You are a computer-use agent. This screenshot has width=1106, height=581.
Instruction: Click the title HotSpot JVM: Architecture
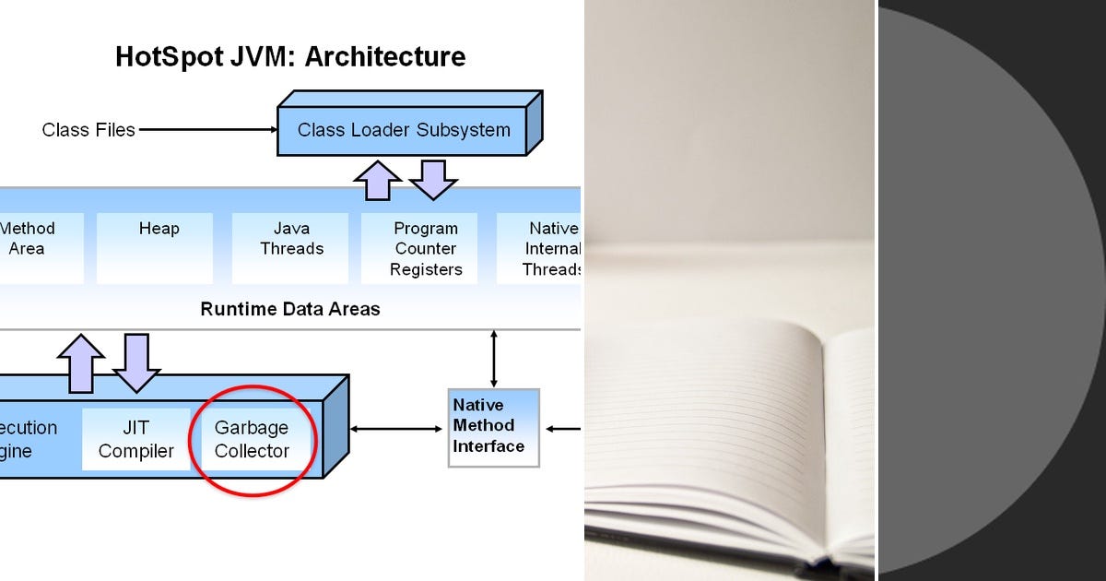point(290,57)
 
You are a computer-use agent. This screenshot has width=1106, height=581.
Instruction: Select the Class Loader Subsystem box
point(403,130)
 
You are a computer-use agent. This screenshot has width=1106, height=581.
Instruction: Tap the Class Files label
point(88,130)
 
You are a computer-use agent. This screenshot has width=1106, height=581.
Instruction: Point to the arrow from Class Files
point(207,130)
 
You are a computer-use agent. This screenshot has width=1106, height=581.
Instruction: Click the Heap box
point(159,247)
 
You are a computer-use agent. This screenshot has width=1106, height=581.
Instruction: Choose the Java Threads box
point(291,247)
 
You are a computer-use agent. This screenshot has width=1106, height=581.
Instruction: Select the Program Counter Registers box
point(425,248)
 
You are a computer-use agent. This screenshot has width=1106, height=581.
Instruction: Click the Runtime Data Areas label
point(289,309)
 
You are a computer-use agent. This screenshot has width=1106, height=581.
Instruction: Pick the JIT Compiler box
point(136,439)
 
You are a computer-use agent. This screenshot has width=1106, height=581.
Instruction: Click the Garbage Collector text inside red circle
point(252,439)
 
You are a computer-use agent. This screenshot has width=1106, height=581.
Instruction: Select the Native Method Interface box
point(493,427)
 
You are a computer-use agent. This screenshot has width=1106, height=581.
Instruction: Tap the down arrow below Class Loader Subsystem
point(432,179)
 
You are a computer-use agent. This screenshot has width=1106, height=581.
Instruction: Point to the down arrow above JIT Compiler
point(136,362)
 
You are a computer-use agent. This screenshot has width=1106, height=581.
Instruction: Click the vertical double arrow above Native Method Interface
point(494,359)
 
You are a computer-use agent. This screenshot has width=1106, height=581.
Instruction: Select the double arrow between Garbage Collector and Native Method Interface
point(396,429)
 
